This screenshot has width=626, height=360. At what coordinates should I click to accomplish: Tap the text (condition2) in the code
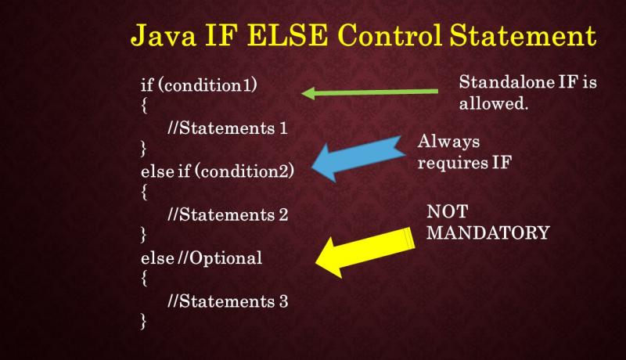247,171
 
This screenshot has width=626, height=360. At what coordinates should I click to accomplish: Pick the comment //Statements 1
221,129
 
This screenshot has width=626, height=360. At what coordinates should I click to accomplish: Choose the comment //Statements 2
221,214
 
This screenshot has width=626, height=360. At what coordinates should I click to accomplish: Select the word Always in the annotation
448,142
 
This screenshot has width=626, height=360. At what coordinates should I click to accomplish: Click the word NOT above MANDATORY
444,212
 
